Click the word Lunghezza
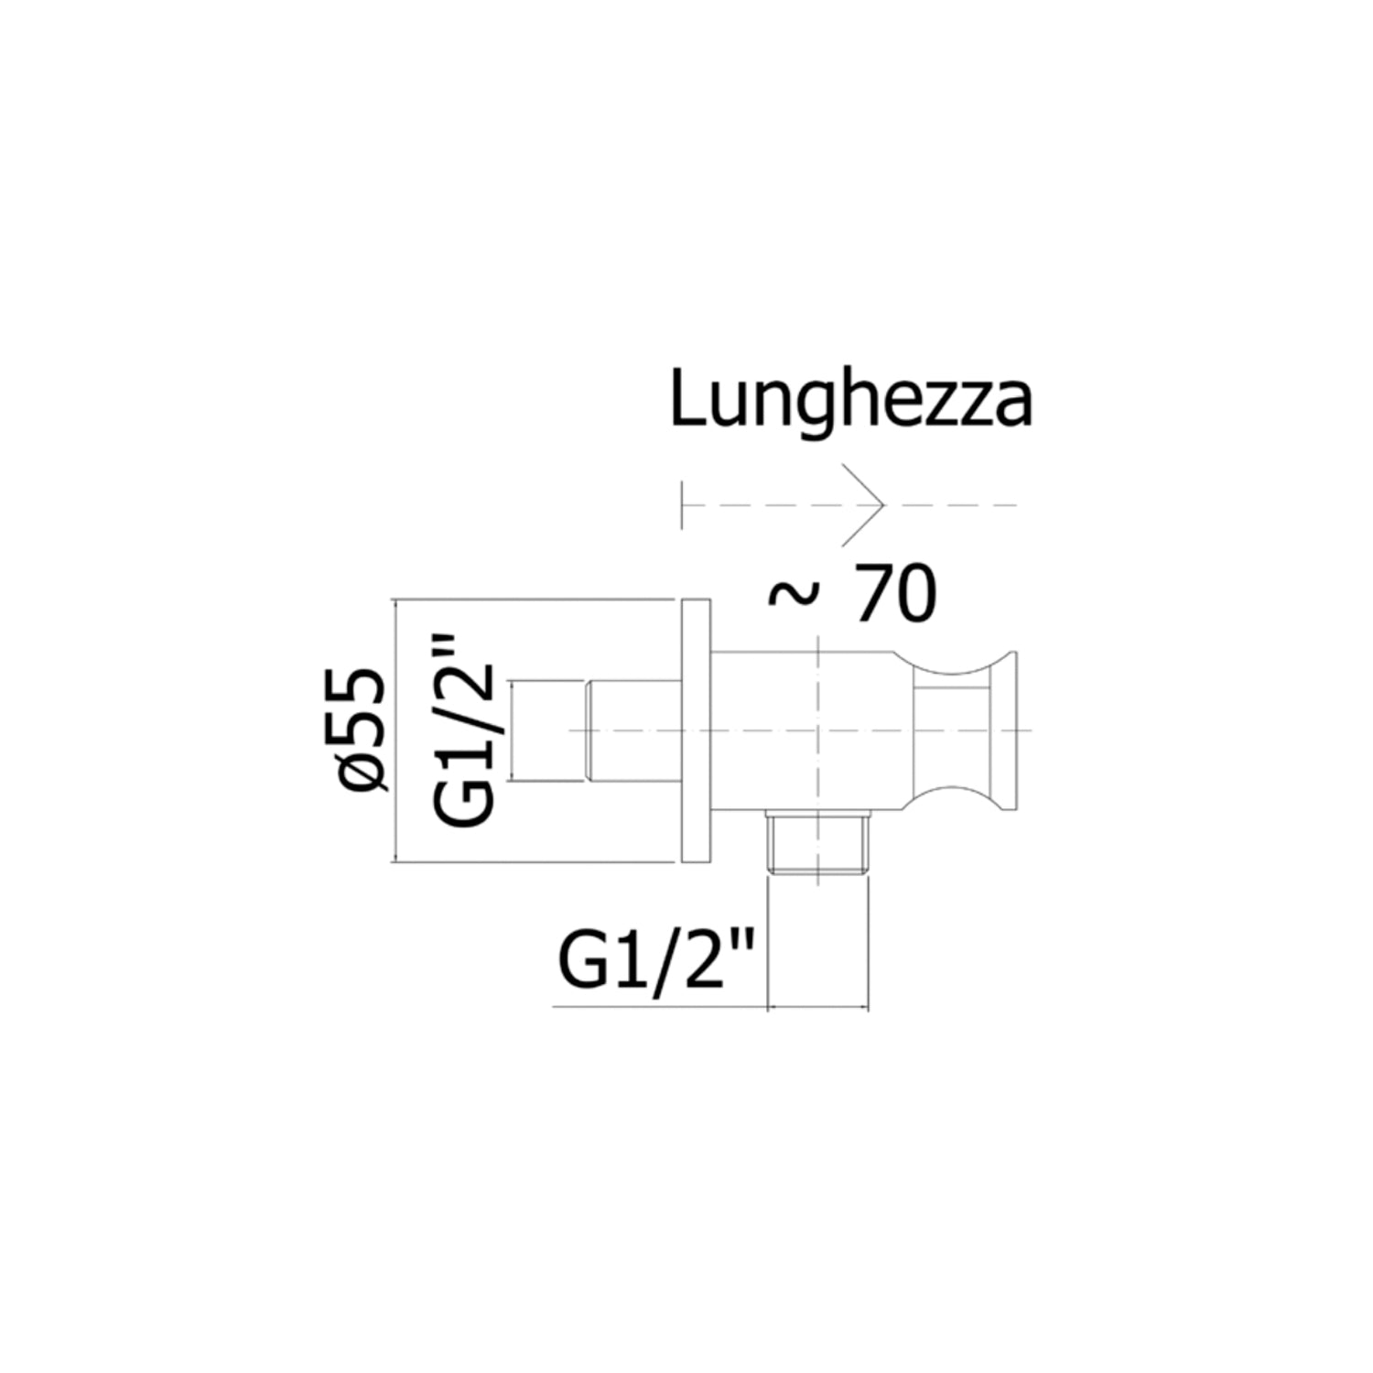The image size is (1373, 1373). (851, 401)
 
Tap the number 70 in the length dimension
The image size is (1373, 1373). (894, 595)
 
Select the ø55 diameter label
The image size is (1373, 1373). (363, 730)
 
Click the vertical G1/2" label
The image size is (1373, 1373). (464, 730)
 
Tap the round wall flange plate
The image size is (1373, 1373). (696, 730)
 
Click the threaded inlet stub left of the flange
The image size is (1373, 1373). (632, 730)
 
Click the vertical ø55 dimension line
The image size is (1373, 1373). (395, 730)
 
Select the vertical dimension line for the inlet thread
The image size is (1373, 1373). (513, 730)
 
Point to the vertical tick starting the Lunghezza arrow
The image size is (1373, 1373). (683, 504)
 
